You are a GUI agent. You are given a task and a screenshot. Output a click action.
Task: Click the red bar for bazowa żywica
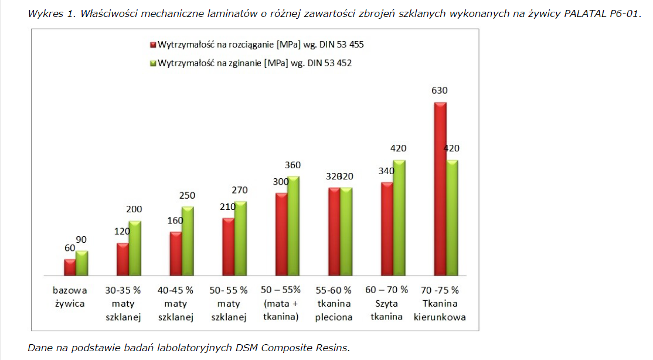pyautogui.click(x=70, y=267)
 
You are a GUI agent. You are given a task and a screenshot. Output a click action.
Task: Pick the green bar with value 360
pyautogui.click(x=294, y=226)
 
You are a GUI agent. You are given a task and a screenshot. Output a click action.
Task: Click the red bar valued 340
pyautogui.click(x=387, y=229)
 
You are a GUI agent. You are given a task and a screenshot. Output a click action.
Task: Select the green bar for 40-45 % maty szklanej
pyautogui.click(x=188, y=241)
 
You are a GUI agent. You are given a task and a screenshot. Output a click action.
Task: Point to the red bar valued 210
pyautogui.click(x=229, y=247)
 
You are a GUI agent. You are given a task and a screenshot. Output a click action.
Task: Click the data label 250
pyautogui.click(x=187, y=196)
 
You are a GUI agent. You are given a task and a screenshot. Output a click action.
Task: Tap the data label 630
pyautogui.click(x=439, y=91)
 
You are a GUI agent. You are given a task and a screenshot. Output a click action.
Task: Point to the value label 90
pyautogui.click(x=81, y=240)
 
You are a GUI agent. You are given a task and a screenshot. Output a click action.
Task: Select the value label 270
pyautogui.click(x=240, y=190)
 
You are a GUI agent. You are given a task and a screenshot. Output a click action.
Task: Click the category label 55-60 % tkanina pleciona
pyautogui.click(x=334, y=304)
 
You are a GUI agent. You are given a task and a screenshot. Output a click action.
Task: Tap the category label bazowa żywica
pyautogui.click(x=69, y=297)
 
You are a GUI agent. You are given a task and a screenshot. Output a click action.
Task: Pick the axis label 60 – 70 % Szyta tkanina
pyautogui.click(x=387, y=304)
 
